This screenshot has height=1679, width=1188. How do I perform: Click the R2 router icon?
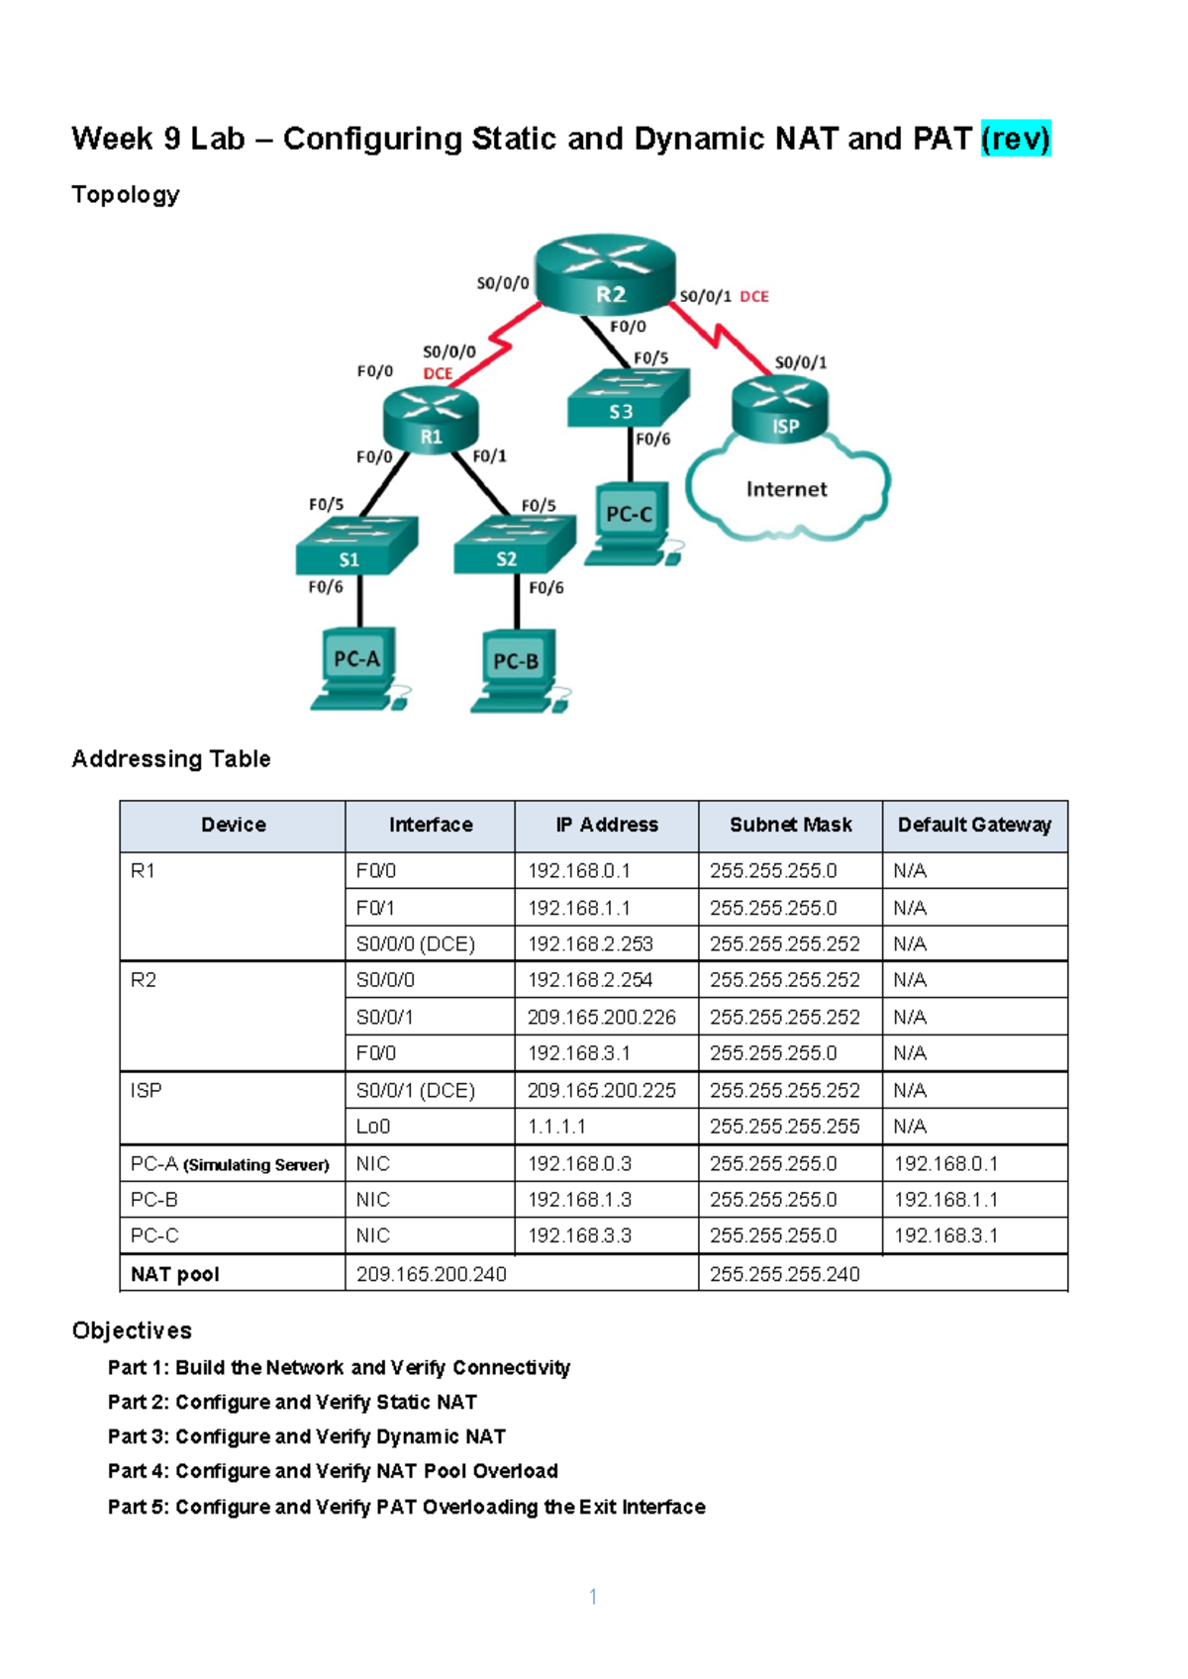tap(605, 274)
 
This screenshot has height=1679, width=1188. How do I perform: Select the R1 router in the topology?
tap(431, 421)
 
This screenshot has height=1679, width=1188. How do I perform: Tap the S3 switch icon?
tap(627, 399)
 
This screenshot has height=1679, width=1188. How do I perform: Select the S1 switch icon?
tap(355, 546)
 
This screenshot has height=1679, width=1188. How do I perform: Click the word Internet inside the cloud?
tap(786, 489)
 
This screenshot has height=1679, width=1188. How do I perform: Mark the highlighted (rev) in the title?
tap(1016, 139)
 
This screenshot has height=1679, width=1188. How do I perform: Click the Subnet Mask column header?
tap(790, 826)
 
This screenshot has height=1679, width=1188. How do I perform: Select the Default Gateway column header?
tap(974, 826)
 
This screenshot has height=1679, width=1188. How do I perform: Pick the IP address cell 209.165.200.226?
tap(602, 1017)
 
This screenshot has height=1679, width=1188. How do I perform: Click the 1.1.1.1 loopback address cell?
tap(556, 1127)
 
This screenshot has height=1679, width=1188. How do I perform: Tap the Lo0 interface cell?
tap(373, 1127)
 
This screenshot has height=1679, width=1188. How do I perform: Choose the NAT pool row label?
tap(175, 1274)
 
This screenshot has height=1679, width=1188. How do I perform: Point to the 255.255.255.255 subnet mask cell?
tap(784, 1127)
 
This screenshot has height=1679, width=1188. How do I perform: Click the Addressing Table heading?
tap(171, 759)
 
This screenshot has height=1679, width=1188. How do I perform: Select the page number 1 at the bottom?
tap(593, 1596)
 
